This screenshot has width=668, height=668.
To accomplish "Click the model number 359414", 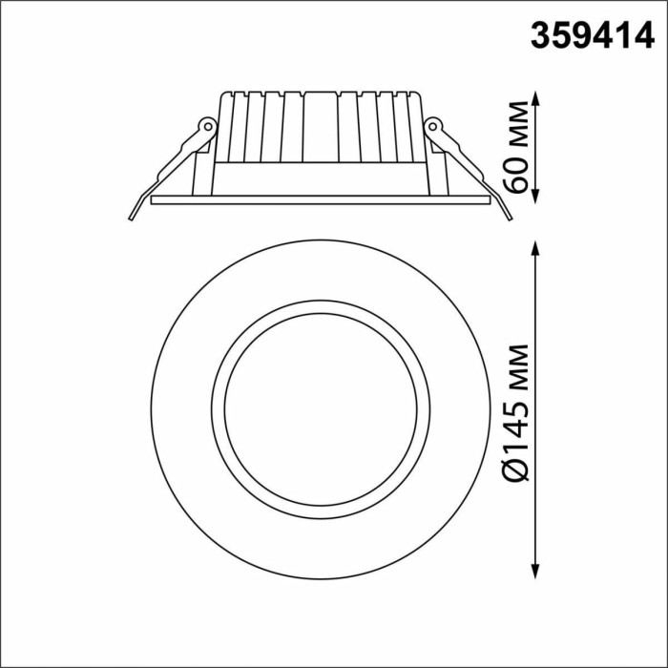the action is click(593, 36).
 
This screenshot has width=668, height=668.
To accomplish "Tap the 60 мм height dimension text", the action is click(515, 148).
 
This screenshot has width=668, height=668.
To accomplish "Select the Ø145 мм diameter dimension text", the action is click(515, 412).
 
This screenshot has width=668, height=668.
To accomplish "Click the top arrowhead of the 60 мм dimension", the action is click(536, 98).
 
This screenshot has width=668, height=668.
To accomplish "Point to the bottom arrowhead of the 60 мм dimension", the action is click(536, 197).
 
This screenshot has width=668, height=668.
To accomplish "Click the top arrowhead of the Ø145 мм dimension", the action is click(536, 248).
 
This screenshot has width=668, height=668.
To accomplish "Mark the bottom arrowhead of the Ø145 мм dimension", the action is click(536, 571).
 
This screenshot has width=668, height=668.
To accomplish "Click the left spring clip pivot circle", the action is click(208, 126).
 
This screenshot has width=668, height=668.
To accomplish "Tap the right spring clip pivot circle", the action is click(433, 126).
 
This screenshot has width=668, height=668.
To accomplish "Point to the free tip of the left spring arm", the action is click(131, 219).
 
